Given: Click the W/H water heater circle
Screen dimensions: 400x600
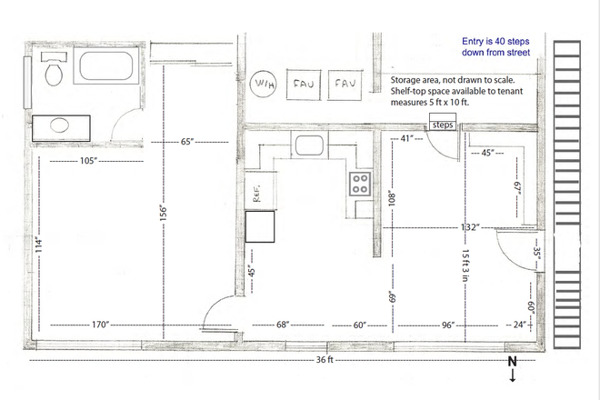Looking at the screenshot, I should coord(264,85).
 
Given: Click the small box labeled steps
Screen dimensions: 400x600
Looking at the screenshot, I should coord(443,125).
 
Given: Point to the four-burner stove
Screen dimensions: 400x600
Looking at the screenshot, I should coord(361,183).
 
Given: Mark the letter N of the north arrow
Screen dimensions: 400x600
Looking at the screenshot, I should coord(513,361).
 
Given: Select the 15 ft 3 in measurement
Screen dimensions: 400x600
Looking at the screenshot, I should coord(464,268).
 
